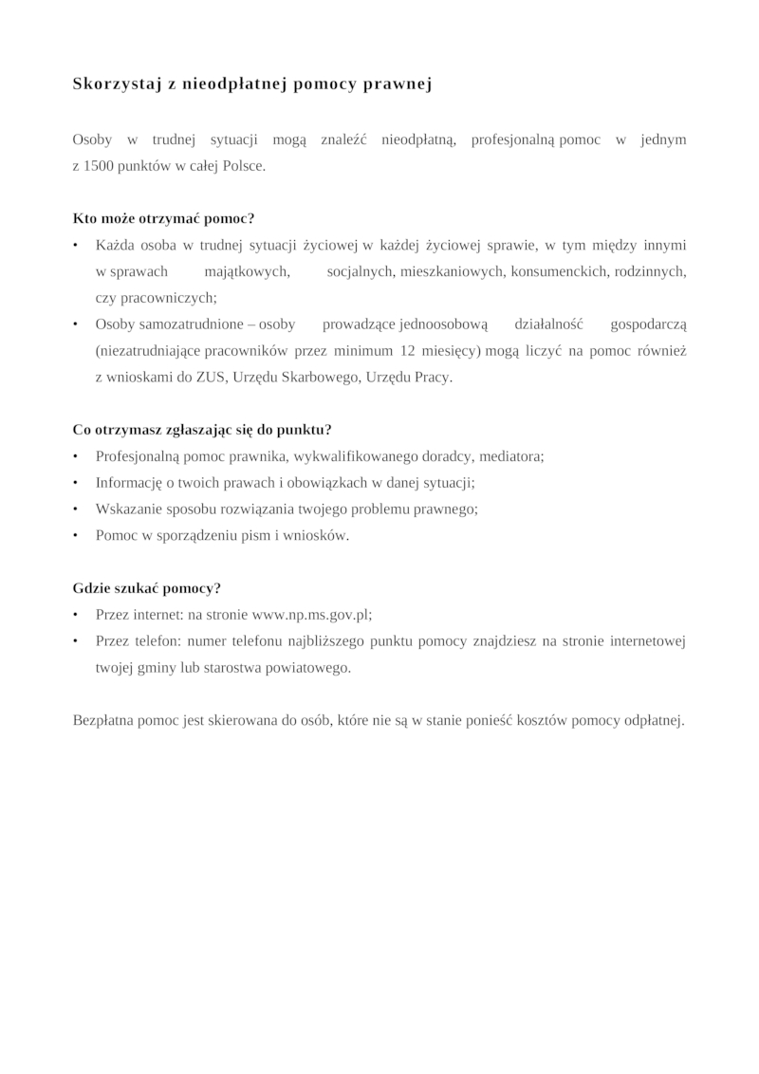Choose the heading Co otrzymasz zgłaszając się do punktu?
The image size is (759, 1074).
[208, 429]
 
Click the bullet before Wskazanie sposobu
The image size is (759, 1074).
[75, 509]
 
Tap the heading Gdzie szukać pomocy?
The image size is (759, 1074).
[146, 587]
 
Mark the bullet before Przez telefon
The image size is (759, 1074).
[75, 640]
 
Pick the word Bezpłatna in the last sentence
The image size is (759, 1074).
[105, 719]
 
